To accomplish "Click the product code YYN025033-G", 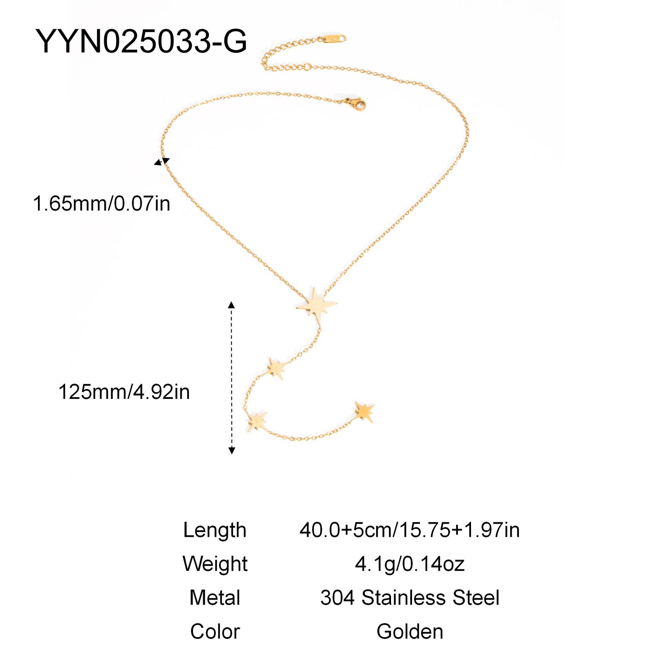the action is click(141, 41).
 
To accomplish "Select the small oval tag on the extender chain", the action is click(334, 39).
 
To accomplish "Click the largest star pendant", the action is click(317, 305).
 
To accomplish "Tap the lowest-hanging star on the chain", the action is click(257, 421).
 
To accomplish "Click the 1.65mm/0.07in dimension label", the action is click(102, 203).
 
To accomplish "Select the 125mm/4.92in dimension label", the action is click(124, 392).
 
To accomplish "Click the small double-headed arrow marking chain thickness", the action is click(162, 161).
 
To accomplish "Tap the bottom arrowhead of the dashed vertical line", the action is click(232, 450).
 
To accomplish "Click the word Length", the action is click(215, 530).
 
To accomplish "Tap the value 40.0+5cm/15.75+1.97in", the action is click(410, 530).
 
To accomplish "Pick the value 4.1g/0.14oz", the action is click(410, 564).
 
